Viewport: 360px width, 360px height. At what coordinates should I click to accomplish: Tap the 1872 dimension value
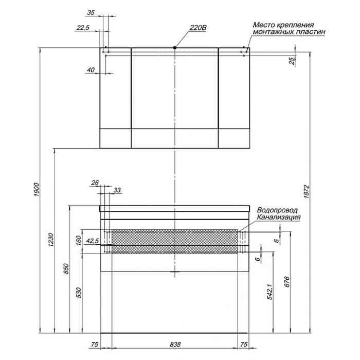click(x=308, y=192)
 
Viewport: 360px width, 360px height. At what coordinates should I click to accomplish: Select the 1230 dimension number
click(x=51, y=240)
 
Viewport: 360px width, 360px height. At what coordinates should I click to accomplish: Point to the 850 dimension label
click(x=66, y=268)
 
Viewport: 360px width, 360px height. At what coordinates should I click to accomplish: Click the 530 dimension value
click(x=79, y=293)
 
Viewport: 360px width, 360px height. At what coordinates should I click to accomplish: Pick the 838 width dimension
click(x=175, y=345)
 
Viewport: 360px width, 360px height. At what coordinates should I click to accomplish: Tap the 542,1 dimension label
click(x=269, y=292)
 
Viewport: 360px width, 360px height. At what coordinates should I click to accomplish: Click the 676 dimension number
click(x=287, y=282)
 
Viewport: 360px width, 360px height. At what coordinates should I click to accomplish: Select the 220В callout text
click(x=198, y=28)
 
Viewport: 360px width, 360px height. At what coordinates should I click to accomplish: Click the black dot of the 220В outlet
click(x=175, y=48)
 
